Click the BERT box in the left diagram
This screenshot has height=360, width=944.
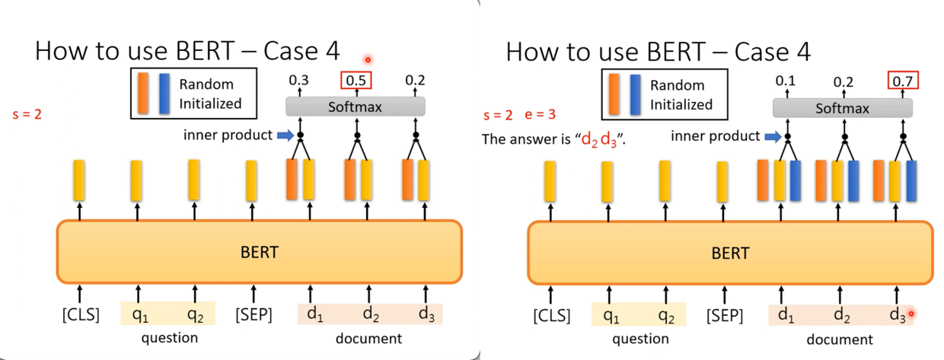click(259, 252)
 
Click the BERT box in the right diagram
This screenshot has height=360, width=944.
click(730, 253)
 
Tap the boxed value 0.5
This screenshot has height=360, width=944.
click(355, 80)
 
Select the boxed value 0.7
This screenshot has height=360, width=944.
click(903, 81)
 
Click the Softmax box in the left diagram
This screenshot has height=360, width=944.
click(355, 107)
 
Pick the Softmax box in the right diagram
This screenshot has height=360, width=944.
click(842, 108)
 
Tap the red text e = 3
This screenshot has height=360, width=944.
click(541, 116)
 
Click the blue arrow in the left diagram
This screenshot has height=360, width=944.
click(283, 135)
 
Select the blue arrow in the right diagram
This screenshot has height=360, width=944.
click(771, 137)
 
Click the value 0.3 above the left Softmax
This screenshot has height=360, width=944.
click(299, 80)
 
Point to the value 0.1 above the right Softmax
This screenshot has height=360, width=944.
click(785, 81)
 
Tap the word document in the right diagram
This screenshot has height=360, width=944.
click(840, 339)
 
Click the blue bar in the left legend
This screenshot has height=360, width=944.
click(164, 94)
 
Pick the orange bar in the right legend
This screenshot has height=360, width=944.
click(615, 94)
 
